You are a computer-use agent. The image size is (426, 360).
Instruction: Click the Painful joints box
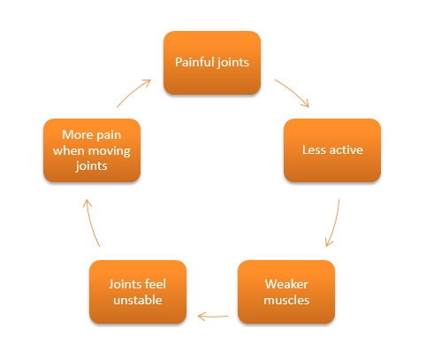[212, 63]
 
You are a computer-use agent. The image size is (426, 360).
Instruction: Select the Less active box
[332, 150]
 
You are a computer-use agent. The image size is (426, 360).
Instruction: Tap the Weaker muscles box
[286, 292]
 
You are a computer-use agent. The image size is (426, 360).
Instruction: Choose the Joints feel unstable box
[138, 292]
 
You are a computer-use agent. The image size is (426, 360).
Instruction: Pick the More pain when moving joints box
[92, 150]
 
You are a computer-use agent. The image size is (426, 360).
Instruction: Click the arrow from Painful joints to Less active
[293, 91]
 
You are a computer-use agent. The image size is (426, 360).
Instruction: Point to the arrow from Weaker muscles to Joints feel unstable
[213, 317]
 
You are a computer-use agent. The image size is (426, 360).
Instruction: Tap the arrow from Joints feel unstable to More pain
[90, 223]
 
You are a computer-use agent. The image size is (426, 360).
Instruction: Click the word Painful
[194, 62]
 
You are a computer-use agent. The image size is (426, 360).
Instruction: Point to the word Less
[314, 149]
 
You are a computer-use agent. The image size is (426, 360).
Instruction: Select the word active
[346, 149]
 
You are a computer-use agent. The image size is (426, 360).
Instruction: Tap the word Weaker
[286, 284]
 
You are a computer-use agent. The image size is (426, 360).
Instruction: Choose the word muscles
[286, 300]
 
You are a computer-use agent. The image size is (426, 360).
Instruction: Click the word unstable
[138, 300]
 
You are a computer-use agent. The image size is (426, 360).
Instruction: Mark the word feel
[156, 284]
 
